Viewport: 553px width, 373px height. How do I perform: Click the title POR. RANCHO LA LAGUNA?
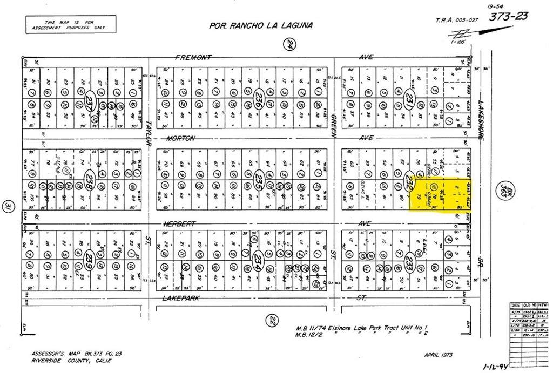coord(261,25)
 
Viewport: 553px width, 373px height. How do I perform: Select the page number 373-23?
coord(508,16)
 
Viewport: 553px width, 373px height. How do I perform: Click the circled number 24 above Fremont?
coord(289,45)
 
